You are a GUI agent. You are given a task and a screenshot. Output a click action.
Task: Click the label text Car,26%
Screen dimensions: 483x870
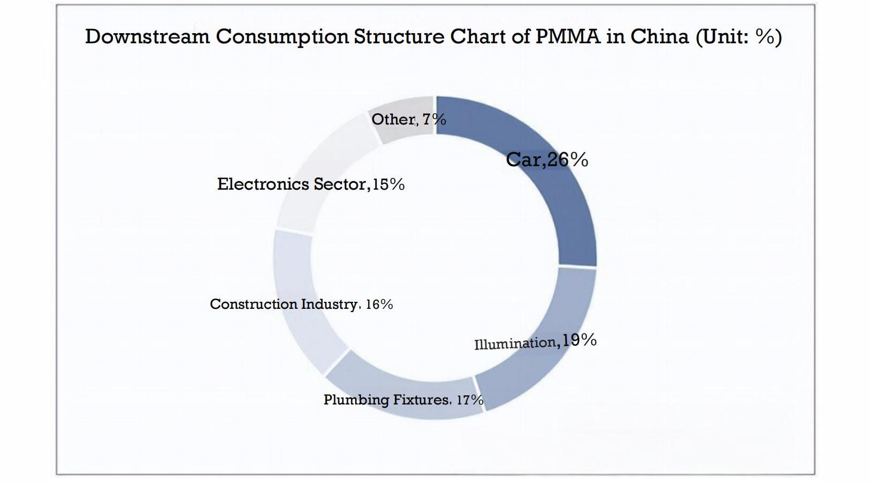point(547,159)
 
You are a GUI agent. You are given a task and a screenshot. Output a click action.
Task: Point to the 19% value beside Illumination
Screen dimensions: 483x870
point(579,340)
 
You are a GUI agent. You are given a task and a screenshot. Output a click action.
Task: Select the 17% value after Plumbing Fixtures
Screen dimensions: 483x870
point(470,400)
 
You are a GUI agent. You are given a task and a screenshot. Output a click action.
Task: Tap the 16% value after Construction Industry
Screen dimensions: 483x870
point(379,305)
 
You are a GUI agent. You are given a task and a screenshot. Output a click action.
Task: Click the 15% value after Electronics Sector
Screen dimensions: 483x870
point(388,184)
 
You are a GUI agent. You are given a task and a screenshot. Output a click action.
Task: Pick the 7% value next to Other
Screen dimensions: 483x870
point(434,119)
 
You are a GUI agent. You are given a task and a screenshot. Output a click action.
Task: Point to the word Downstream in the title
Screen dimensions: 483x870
point(147,36)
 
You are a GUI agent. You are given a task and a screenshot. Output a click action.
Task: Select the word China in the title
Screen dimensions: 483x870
point(659,36)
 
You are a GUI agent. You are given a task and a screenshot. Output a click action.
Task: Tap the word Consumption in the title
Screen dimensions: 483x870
point(282,36)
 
